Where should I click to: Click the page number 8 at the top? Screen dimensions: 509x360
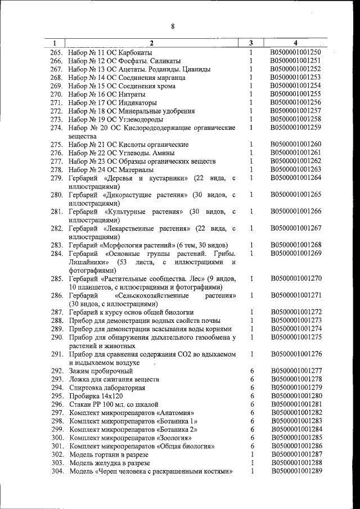(173, 26)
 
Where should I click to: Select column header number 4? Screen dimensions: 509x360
(296, 43)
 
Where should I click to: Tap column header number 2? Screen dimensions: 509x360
(151, 43)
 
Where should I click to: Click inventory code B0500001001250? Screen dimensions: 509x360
(296, 52)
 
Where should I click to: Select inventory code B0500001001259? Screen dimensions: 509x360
(296, 128)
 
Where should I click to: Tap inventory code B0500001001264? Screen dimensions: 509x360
(296, 178)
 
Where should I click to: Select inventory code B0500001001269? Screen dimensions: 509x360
(296, 254)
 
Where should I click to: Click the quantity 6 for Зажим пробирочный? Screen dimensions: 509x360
(252, 371)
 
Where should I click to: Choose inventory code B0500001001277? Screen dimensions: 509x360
(296, 371)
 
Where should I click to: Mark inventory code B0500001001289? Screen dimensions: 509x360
(296, 470)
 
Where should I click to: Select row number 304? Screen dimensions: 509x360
(57, 471)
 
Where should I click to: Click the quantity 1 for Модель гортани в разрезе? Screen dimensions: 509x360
(252, 454)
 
